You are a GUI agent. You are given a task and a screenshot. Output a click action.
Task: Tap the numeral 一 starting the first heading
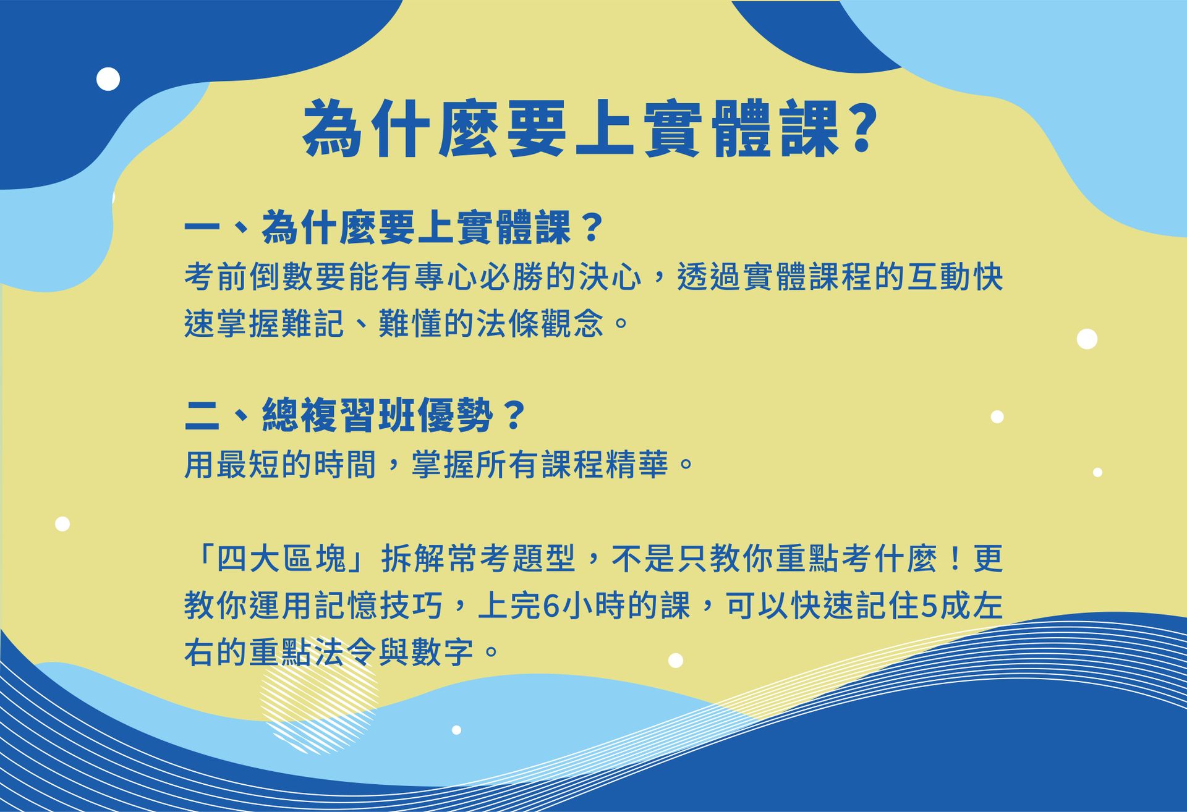point(202,228)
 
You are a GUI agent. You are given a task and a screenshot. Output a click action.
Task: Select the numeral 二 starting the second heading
point(202,415)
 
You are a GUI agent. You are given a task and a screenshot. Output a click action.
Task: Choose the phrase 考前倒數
point(249,276)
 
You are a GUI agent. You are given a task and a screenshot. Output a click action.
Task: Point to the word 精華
point(637,465)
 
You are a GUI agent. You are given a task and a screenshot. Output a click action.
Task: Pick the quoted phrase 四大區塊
point(281,559)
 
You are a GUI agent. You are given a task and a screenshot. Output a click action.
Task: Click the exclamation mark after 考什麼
point(955,559)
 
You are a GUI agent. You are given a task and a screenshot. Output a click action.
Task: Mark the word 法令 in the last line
point(347,653)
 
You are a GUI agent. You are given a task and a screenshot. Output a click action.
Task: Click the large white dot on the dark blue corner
point(108,79)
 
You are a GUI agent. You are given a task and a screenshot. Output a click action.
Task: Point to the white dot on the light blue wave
point(456,730)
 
